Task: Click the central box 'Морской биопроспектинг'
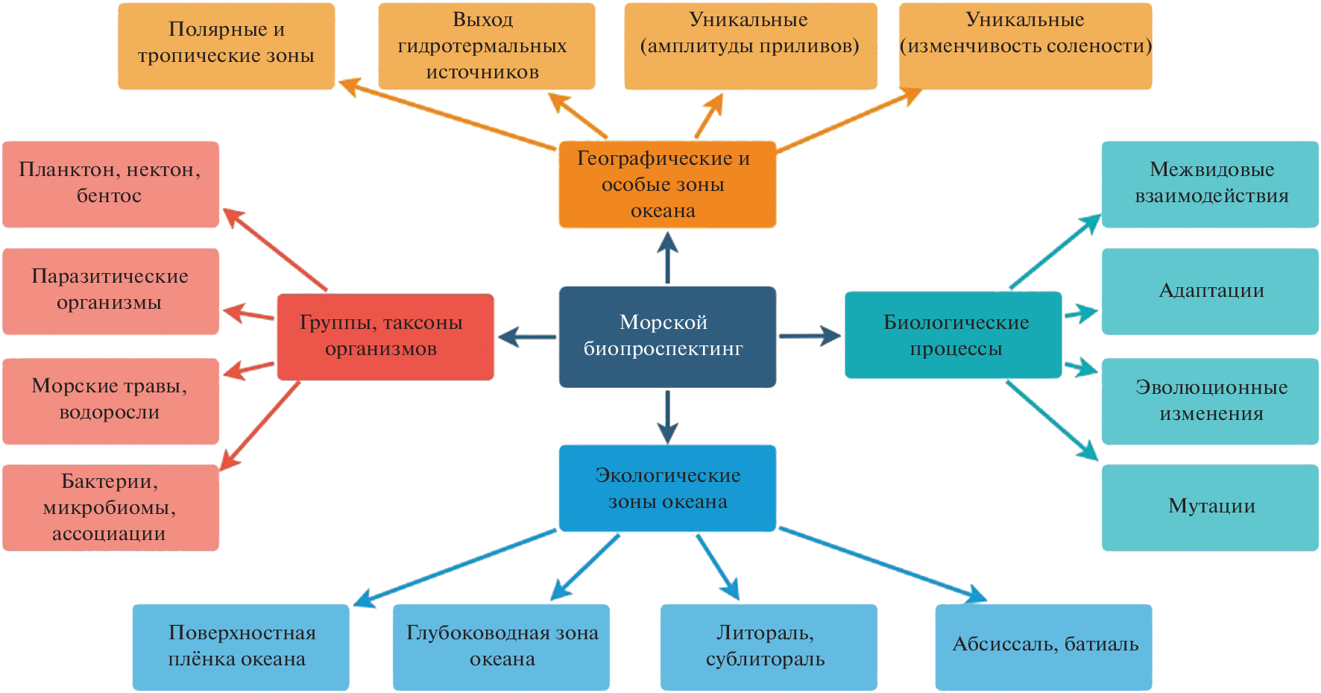[667, 336]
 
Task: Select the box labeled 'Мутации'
[1210, 507]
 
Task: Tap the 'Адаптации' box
[1210, 292]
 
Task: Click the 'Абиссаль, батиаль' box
[1044, 647]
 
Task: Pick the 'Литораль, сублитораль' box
[769, 647]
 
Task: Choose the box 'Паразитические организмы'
[110, 291]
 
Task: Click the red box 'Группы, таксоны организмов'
[385, 336]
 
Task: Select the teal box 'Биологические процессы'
[953, 335]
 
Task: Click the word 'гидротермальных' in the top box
[482, 46]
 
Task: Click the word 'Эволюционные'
[1211, 388]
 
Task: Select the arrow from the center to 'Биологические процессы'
[810, 336]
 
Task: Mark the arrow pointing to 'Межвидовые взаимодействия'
[1054, 252]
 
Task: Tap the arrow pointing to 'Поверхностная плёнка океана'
[455, 568]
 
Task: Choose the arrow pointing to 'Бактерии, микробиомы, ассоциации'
[261, 426]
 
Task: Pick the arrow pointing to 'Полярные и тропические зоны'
[447, 115]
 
